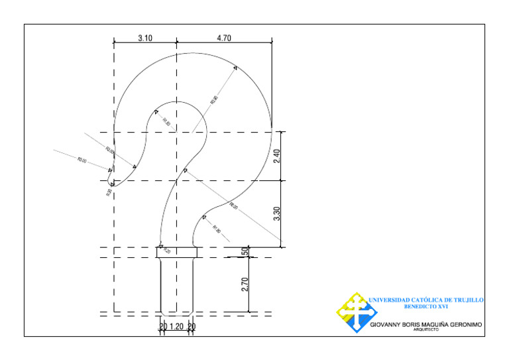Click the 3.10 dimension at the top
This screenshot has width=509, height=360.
(145, 38)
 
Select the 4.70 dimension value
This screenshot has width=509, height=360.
(224, 38)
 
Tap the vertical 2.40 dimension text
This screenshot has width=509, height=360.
(277, 156)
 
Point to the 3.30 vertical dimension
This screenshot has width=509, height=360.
(277, 213)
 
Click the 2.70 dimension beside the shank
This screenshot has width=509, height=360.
(245, 284)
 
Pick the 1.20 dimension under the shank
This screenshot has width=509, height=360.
(177, 326)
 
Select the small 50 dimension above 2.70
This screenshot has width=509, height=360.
(245, 252)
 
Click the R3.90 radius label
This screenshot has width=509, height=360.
(214, 100)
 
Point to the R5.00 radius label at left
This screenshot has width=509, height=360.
(82, 160)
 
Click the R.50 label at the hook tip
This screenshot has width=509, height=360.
(109, 193)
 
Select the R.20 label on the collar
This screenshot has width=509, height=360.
(166, 251)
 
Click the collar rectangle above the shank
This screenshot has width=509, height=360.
(177, 252)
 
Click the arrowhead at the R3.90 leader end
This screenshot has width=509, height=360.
(235, 68)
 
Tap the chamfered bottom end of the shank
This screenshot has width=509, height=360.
(177, 313)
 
